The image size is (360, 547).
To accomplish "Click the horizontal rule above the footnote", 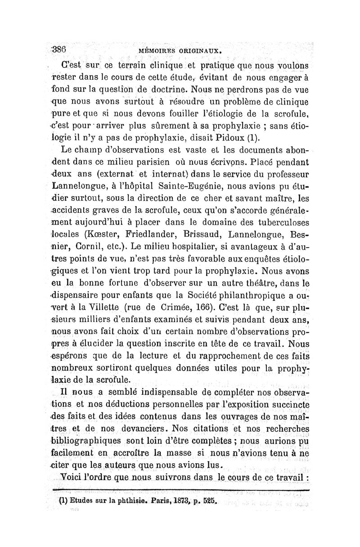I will (180, 488).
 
